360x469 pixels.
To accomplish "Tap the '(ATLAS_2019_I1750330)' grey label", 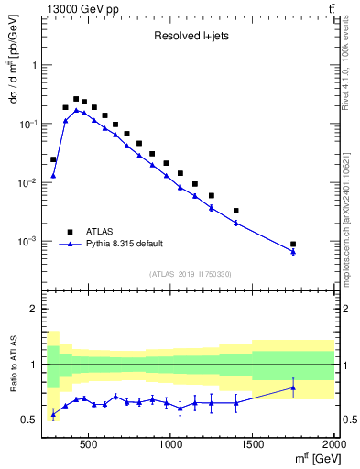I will coord(190,274).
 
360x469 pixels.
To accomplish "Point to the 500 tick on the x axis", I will coord(89,444).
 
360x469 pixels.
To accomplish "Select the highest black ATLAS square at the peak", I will coord(76,99).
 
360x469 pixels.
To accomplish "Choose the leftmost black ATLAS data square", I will coord(53,159).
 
